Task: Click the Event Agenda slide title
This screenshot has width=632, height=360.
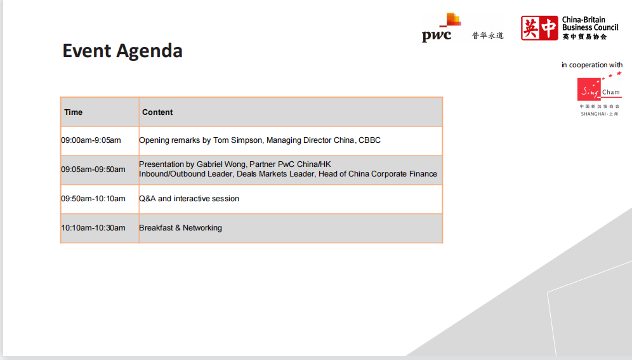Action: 122,51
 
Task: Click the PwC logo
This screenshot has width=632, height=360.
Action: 442,27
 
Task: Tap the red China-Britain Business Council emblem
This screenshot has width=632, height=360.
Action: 539,28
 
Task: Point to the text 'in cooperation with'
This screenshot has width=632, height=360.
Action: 591,65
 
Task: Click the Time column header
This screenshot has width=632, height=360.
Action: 74,112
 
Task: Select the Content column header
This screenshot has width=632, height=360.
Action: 157,112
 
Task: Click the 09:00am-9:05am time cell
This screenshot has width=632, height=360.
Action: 91,140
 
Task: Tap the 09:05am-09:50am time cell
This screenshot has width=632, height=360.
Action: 93,170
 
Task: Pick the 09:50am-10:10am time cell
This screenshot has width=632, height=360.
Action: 93,199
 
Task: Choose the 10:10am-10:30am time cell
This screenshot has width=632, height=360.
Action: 93,228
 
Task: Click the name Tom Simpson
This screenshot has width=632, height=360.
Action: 238,140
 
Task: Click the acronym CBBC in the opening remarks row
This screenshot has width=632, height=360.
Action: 369,140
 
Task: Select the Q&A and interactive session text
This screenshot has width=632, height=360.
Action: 189,199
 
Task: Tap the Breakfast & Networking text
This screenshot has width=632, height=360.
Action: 181,228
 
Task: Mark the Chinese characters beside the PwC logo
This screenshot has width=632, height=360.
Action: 488,36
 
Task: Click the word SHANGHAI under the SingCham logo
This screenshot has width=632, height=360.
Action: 593,114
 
